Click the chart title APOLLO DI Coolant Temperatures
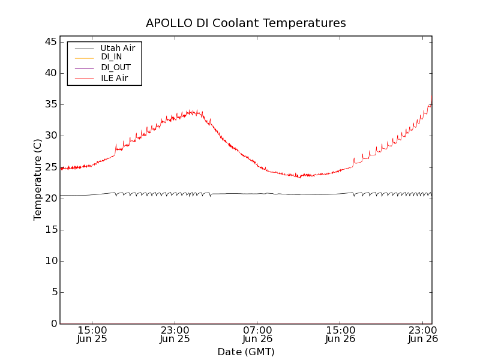pos(245,23)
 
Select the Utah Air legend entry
pos(118,48)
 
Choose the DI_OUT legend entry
pos(115,68)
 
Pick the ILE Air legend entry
pos(113,78)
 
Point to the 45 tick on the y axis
pos(50,42)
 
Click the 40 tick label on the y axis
pos(50,73)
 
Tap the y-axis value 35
pos(50,104)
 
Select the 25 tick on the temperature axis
pos(50,167)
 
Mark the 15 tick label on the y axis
pos(50,230)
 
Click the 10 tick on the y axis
pos(50,261)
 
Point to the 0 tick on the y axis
pos(53,323)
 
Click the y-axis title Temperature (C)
pos(38,179)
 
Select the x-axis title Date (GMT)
pos(245,352)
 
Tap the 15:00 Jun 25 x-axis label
pos(92,334)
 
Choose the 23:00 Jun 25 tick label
pos(175,334)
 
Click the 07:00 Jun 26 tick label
pos(257,334)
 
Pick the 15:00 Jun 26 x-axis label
pos(340,334)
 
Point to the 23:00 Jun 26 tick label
pos(423,334)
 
